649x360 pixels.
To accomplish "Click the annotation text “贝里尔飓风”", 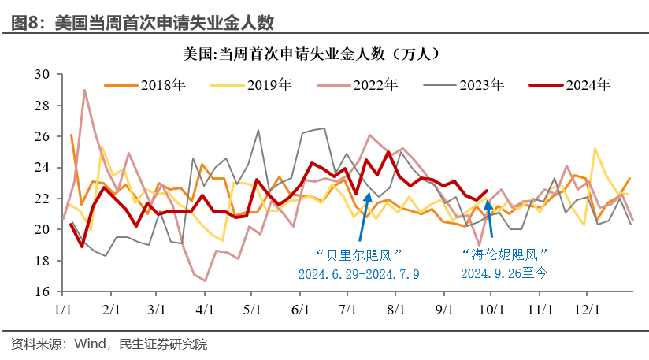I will (x=359, y=254).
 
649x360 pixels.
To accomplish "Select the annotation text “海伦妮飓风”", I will (x=504, y=254).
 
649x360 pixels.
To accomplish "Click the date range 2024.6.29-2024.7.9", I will (x=359, y=273).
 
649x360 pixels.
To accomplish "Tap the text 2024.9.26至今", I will (x=504, y=273).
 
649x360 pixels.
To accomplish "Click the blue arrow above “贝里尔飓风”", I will (x=364, y=217).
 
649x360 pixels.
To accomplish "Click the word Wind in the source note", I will (x=91, y=344).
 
